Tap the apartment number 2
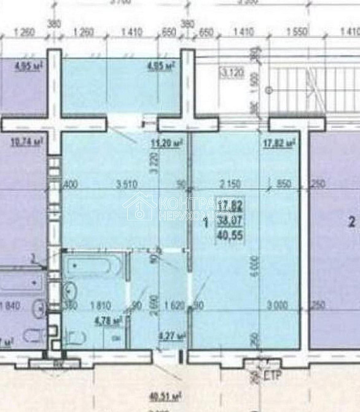pyautogui.click(x=351, y=222)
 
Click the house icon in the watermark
pyautogui.click(x=140, y=207)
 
